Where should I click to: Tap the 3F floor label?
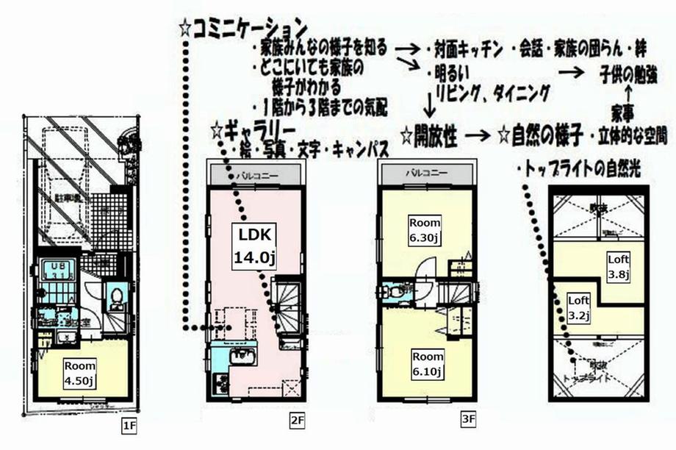pos(468,421)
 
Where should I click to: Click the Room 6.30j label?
pos(425,229)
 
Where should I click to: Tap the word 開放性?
pos(437,136)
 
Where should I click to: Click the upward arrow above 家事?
pos(628,93)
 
